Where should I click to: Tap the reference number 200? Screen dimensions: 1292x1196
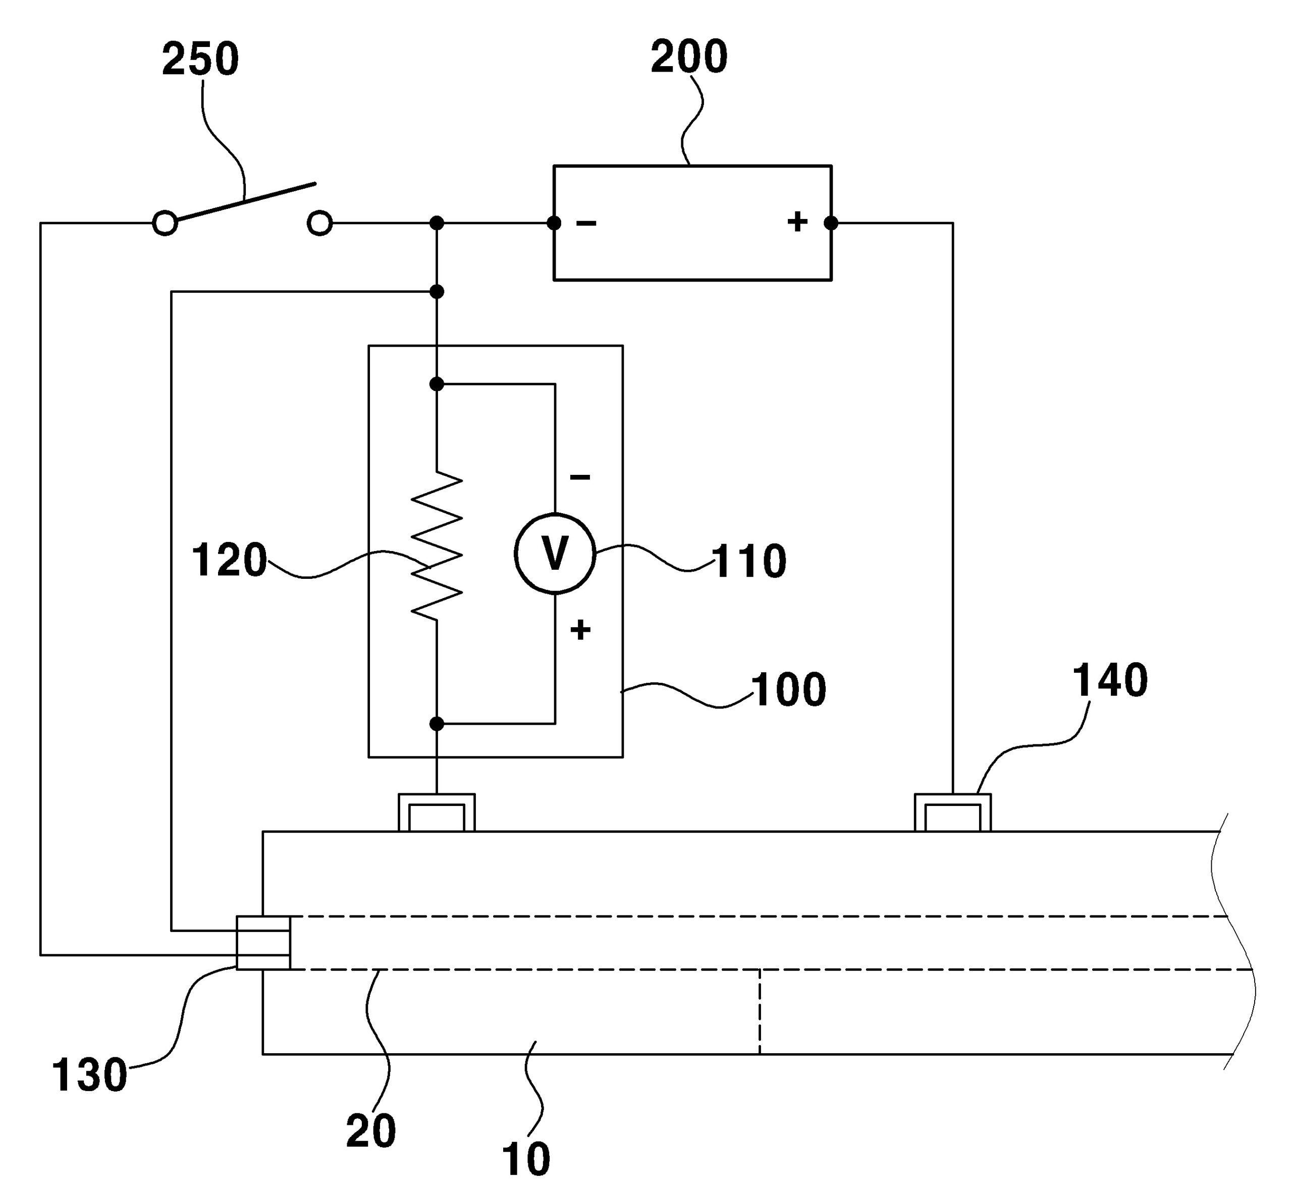[x=689, y=57]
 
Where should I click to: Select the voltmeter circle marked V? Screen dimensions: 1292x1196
[x=555, y=554]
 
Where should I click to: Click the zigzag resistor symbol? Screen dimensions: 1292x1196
[x=437, y=545]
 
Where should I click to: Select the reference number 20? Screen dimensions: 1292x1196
[x=371, y=1132]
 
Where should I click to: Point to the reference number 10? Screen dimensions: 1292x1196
[x=525, y=1159]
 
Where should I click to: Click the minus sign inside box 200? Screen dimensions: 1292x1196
[x=586, y=223]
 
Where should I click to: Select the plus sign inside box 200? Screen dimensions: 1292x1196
[x=797, y=222]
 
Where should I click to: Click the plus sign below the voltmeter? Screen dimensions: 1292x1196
[x=580, y=630]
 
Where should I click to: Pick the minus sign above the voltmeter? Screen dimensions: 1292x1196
[x=580, y=477]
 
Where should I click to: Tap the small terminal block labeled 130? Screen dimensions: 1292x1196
[x=263, y=943]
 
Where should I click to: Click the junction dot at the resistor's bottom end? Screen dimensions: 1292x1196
[x=437, y=724]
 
